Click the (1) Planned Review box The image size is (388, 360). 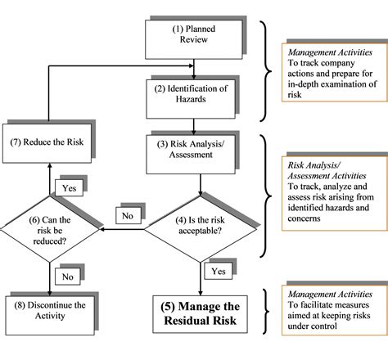pos(194,36)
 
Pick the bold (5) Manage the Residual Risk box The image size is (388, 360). pos(196,314)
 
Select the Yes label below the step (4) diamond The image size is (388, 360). pos(218,269)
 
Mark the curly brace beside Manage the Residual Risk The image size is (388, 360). pos(265,313)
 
